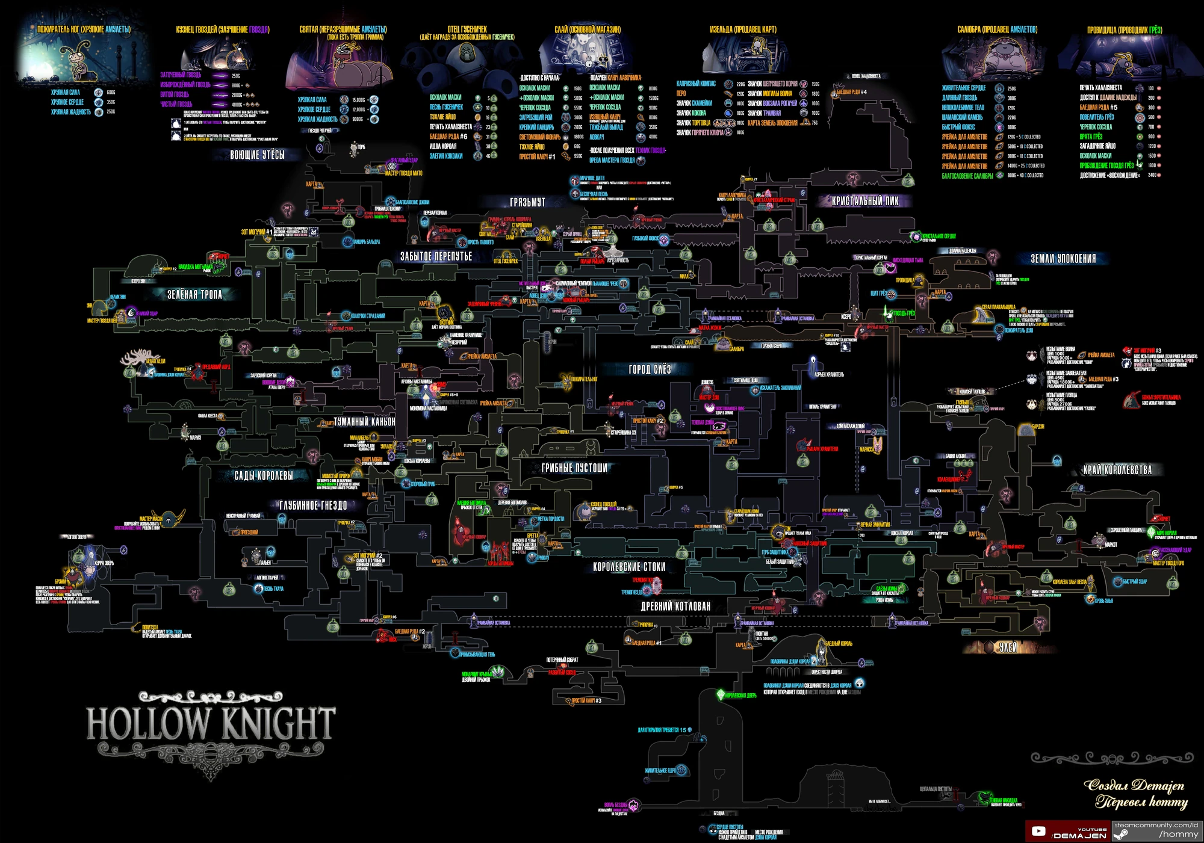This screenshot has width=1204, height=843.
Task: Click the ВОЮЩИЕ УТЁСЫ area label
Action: [x=257, y=155]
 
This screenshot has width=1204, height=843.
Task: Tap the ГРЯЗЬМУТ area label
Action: [x=527, y=203]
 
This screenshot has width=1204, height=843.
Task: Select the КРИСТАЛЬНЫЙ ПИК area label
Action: [x=865, y=202]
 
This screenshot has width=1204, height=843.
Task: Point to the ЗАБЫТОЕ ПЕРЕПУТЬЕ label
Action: [x=436, y=257]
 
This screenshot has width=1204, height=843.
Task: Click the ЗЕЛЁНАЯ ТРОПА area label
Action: [x=194, y=295]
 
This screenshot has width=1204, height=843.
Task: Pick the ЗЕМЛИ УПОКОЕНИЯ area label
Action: [x=1063, y=259]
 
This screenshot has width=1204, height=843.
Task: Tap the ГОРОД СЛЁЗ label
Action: [x=650, y=369]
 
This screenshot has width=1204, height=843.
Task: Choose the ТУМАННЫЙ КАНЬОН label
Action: [x=364, y=422]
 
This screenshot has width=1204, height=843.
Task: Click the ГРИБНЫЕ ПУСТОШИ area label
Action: [x=574, y=468]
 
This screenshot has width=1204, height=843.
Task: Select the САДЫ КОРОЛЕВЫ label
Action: [x=264, y=476]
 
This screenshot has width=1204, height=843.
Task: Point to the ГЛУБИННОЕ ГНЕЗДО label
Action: [x=313, y=505]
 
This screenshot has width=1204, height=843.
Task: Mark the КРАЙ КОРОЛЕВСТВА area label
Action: [x=1117, y=470]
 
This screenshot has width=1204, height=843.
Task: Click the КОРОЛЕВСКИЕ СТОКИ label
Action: [x=629, y=567]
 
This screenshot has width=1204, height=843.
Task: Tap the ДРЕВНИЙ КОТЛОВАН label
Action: [x=675, y=607]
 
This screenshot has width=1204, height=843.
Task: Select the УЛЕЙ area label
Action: [x=1008, y=647]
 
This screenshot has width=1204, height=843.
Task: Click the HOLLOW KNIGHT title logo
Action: [x=210, y=724]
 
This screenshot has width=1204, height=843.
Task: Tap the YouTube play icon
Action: [x=1038, y=832]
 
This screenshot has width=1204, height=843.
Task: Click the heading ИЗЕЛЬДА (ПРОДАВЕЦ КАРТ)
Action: [x=743, y=29]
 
